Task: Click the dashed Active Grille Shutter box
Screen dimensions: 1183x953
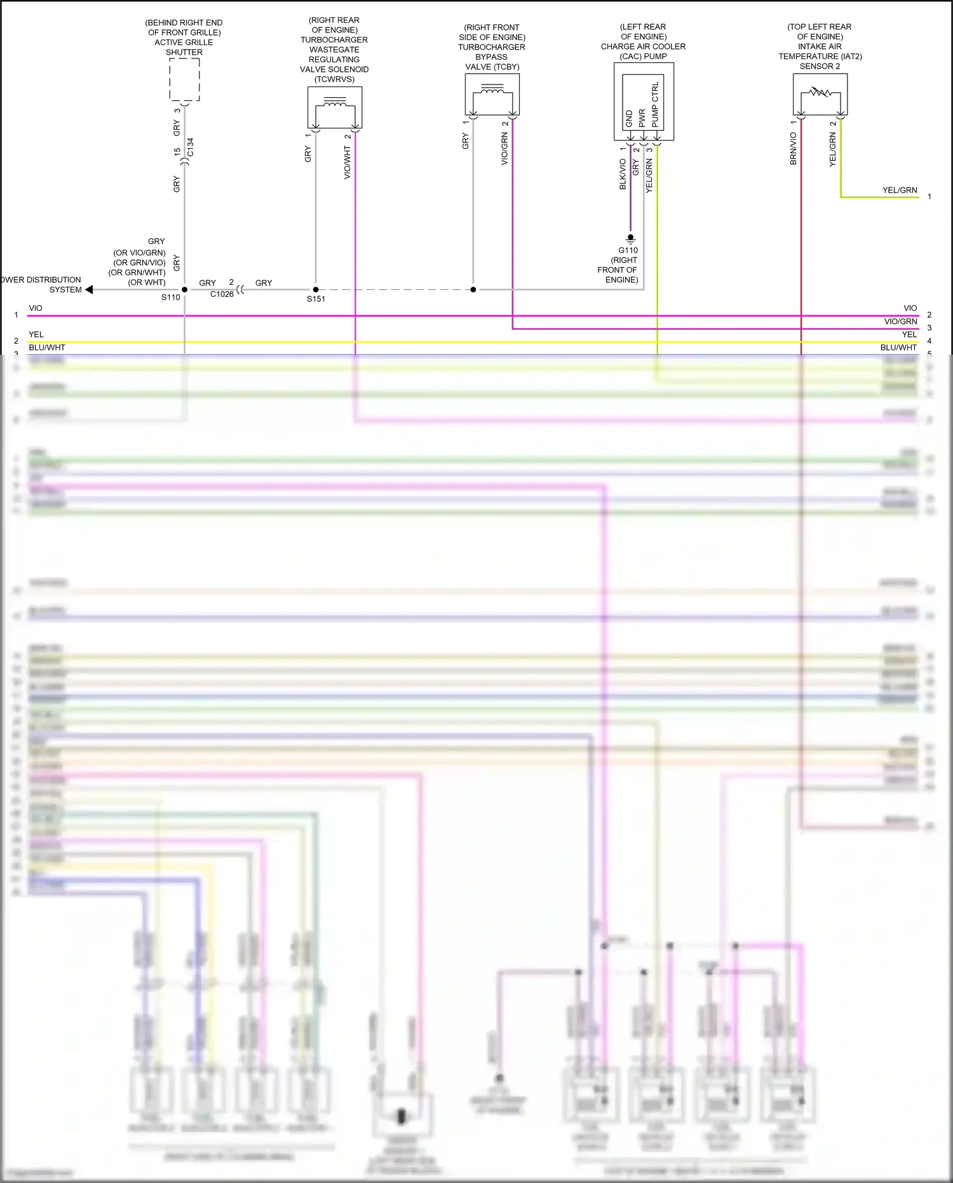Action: point(184,79)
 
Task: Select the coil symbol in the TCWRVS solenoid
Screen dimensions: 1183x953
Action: point(335,103)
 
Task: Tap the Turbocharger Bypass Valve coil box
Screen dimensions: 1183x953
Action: point(492,94)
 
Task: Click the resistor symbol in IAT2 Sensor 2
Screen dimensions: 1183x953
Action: point(820,93)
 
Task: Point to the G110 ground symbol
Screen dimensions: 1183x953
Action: point(630,239)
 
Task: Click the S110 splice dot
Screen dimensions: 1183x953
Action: point(185,289)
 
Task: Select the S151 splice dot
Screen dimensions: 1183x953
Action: point(316,289)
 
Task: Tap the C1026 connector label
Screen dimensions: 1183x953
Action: point(222,294)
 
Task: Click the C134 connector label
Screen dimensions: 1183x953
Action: point(190,147)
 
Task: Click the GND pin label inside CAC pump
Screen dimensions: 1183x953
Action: point(629,118)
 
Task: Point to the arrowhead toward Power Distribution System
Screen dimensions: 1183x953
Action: point(89,289)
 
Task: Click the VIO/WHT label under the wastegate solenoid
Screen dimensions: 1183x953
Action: point(347,163)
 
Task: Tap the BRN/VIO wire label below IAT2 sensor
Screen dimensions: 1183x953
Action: point(793,148)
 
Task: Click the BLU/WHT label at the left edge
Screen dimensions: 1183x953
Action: point(47,347)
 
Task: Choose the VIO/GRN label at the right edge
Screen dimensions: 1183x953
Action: point(900,322)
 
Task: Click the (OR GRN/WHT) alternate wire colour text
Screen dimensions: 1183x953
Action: point(137,272)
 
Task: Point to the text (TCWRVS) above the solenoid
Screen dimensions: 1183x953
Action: point(334,79)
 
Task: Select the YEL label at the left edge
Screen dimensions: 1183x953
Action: point(36,334)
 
